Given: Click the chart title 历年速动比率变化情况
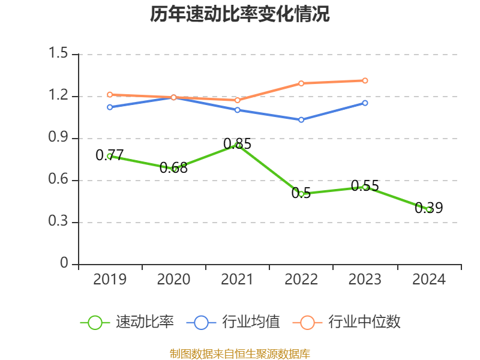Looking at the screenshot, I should tap(240, 14).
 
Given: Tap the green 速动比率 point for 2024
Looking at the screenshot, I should tap(429, 209).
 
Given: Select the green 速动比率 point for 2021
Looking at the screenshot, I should tap(238, 145).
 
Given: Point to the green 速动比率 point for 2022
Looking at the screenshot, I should tap(301, 194).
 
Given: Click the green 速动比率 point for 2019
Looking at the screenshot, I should tap(110, 156).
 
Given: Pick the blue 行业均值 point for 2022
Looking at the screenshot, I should tap(301, 119).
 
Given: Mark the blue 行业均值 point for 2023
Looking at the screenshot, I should tap(365, 103).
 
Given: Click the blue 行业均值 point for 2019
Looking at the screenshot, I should tap(110, 107).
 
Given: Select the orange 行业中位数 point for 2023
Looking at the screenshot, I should tap(365, 80).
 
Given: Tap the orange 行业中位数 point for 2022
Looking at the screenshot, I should tap(301, 83).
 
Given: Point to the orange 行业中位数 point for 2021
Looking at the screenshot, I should tap(238, 100).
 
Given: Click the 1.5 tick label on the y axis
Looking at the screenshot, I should tap(61, 54).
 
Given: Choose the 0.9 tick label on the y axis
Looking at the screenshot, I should tap(61, 138).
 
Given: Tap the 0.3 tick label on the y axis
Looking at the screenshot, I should tap(61, 222).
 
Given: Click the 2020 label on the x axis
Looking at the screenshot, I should tap(173, 280).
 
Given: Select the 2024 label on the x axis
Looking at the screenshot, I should tap(429, 280).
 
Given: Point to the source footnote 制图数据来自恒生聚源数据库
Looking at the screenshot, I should tap(240, 353).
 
